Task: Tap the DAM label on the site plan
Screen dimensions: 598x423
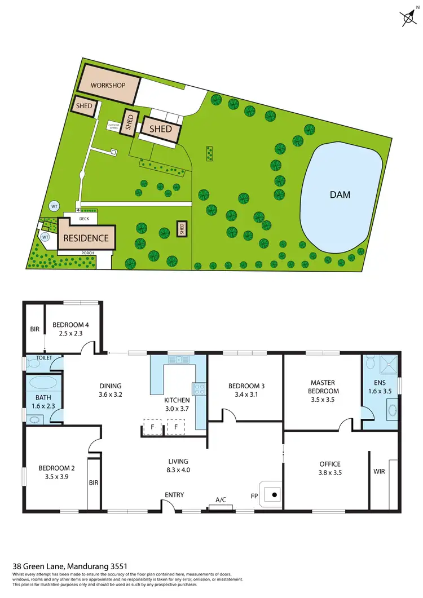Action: tap(340, 195)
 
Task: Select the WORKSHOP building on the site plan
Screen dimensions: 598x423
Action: tap(108, 86)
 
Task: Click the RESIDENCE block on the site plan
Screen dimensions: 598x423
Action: tap(86, 238)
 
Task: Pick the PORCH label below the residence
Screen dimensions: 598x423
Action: tap(87, 254)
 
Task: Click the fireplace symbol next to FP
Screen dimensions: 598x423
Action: tap(274, 495)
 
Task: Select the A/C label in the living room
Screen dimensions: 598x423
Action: tap(221, 499)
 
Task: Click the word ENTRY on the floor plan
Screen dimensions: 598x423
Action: tap(174, 495)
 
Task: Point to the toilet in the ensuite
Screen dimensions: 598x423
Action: tap(369, 361)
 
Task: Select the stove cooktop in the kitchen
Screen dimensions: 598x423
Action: tap(199, 388)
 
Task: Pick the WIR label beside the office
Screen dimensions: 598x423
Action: tap(379, 472)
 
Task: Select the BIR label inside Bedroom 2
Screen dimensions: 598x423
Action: tap(94, 483)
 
